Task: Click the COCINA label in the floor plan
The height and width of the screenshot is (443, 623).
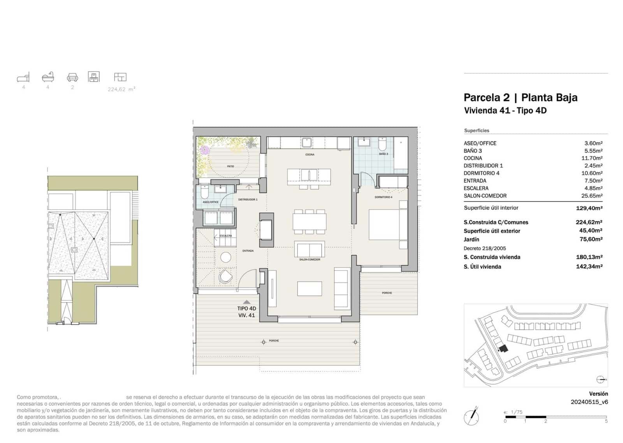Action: (x=310, y=155)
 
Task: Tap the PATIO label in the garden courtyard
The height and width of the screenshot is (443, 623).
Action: (x=231, y=166)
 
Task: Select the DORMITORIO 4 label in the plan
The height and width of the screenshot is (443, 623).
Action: (x=384, y=197)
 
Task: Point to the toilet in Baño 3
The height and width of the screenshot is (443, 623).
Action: (x=382, y=145)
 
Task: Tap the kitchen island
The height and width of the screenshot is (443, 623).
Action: (x=309, y=176)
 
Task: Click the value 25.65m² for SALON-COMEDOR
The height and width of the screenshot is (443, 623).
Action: (x=593, y=196)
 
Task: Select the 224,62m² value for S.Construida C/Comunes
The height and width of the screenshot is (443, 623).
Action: (x=589, y=222)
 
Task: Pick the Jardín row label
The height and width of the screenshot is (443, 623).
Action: (x=471, y=240)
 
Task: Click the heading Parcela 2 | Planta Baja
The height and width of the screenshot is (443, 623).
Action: (x=520, y=97)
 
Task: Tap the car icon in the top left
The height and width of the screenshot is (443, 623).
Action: (x=72, y=77)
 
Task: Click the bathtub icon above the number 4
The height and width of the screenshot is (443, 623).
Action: (x=48, y=77)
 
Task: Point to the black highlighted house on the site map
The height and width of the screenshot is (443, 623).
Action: (x=503, y=348)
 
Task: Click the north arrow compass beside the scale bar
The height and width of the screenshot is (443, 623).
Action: (x=472, y=417)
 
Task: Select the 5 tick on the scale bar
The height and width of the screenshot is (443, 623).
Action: (x=606, y=421)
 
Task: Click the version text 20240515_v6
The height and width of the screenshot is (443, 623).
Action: (x=589, y=402)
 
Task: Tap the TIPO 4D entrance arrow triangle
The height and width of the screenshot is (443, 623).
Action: (x=246, y=302)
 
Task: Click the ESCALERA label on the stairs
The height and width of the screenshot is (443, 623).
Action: (x=225, y=236)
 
